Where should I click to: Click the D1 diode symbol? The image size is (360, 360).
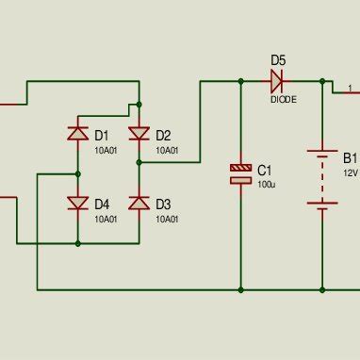(77, 135)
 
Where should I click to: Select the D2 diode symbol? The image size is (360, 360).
(139, 135)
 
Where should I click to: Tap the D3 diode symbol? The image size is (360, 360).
(139, 203)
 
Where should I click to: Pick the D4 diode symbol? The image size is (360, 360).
(77, 203)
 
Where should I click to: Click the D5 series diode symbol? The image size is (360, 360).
(278, 82)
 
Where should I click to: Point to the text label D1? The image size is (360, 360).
(102, 135)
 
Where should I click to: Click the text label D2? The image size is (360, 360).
(163, 135)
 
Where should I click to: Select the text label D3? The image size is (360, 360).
(163, 204)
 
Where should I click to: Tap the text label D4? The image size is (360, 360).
(102, 204)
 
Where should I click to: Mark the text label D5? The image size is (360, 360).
(278, 60)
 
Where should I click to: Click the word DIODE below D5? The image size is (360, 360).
(283, 98)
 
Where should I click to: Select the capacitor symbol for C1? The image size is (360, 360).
(241, 172)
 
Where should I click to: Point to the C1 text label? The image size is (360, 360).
(265, 170)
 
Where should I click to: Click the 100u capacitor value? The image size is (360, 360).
(267, 185)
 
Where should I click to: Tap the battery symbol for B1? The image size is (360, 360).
(322, 179)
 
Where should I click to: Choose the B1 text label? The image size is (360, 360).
(350, 157)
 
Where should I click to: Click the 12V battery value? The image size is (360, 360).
(350, 173)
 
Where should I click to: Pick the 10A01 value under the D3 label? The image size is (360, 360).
(167, 219)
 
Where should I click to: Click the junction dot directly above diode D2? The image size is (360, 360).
(139, 104)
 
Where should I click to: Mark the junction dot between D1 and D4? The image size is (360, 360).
(77, 173)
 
